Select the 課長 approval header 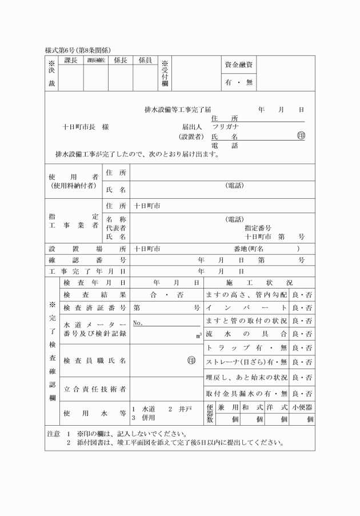click(x=71, y=60)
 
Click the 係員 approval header click(x=145, y=60)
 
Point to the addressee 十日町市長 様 click(x=86, y=127)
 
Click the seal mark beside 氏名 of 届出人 click(x=301, y=136)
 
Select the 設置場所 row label click(x=87, y=249)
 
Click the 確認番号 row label click(x=87, y=259)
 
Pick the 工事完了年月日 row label click(x=87, y=270)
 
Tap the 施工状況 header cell click(x=259, y=282)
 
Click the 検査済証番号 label click(x=95, y=308)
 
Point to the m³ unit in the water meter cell click(x=198, y=335)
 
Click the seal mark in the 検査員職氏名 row click(x=192, y=361)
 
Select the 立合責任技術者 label click(x=95, y=389)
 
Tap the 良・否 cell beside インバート click(x=302, y=308)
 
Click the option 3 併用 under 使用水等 click(x=144, y=418)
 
